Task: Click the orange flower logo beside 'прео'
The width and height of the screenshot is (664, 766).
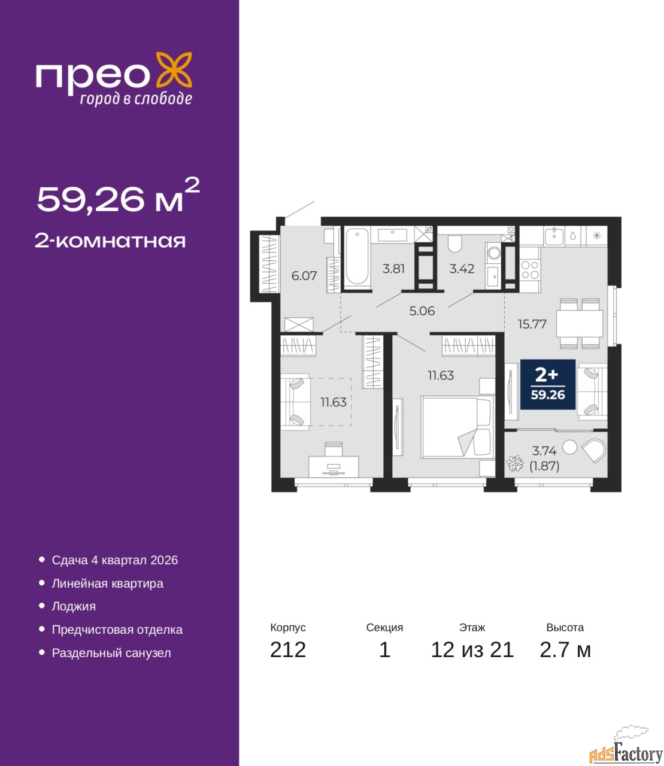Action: click(x=174, y=69)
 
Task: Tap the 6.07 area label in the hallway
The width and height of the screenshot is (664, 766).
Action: click(x=304, y=276)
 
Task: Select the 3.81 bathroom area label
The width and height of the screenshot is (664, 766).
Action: click(x=393, y=268)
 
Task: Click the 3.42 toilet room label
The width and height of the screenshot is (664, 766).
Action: click(x=462, y=268)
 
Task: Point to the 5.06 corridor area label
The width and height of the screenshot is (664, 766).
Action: click(x=422, y=311)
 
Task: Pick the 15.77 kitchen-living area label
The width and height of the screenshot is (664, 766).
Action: click(x=532, y=324)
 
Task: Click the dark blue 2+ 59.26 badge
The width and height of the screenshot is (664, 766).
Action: click(x=548, y=384)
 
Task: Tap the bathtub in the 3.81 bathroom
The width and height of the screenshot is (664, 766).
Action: click(x=358, y=257)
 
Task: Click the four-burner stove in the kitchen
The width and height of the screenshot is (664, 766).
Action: click(x=530, y=270)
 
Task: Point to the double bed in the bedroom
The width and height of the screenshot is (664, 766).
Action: click(x=457, y=427)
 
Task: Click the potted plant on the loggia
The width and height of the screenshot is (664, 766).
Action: click(x=515, y=464)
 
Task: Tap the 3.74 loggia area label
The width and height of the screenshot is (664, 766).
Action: click(x=544, y=451)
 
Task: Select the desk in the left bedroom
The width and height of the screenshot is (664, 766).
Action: click(x=333, y=467)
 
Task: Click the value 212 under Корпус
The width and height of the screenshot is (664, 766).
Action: click(x=288, y=650)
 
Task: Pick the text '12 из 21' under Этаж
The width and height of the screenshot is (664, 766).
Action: click(x=472, y=650)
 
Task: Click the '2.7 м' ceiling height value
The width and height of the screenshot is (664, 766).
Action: click(x=565, y=650)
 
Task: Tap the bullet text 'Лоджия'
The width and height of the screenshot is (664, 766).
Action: click(x=74, y=607)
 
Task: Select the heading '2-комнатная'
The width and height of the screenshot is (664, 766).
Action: click(x=110, y=241)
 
